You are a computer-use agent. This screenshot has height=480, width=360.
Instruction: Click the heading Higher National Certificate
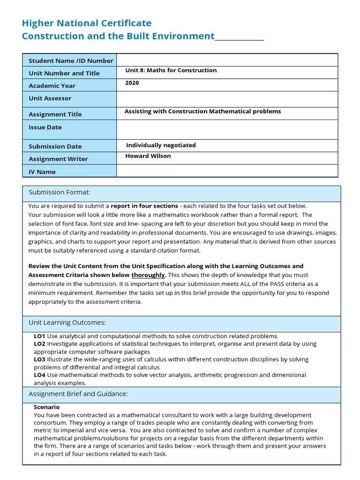tap(87, 23)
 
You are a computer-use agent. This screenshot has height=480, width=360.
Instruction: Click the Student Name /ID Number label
tap(71, 60)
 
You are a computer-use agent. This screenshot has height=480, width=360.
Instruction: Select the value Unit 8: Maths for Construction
tap(171, 70)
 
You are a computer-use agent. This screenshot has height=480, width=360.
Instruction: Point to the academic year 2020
tap(132, 83)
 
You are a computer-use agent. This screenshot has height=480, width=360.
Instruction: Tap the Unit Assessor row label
tap(50, 98)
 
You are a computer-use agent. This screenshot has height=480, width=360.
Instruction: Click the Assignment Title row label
tap(55, 114)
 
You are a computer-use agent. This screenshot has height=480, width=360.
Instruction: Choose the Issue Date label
tap(45, 127)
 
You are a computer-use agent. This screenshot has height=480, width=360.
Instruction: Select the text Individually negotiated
tap(161, 145)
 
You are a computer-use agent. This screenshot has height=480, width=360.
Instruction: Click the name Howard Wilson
tap(148, 156)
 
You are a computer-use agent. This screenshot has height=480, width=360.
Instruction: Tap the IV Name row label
tap(42, 172)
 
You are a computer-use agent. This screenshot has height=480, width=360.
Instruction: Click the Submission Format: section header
tap(60, 192)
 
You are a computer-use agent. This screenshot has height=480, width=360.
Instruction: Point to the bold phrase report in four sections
tap(144, 206)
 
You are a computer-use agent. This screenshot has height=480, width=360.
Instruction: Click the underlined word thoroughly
tap(148, 275)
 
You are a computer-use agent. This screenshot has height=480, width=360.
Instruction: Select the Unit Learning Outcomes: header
tap(67, 322)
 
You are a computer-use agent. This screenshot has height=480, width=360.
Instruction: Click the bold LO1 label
tap(39, 336)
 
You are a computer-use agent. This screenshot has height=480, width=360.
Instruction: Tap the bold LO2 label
tap(39, 344)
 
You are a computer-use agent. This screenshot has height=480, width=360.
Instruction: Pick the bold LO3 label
tap(39, 360)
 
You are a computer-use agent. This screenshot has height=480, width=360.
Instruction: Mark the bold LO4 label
tap(39, 375)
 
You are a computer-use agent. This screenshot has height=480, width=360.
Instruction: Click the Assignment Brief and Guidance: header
tap(78, 393)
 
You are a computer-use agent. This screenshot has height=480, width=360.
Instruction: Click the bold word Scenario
tap(46, 407)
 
